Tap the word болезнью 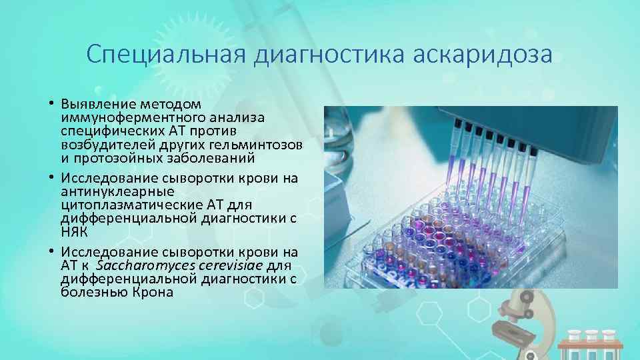click(90, 293)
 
